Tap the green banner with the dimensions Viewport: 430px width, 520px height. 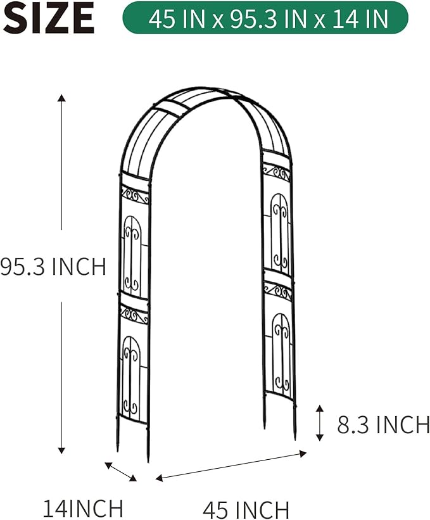click(x=265, y=18)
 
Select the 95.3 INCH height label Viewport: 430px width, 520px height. click(x=53, y=266)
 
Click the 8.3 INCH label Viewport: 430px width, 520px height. click(x=383, y=424)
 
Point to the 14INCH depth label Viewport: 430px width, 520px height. click(x=82, y=507)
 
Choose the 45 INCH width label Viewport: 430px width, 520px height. click(x=246, y=509)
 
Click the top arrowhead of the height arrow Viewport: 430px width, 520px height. click(x=61, y=98)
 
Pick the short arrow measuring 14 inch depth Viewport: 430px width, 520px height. click(x=120, y=471)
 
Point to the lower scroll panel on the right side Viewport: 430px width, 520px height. click(x=281, y=352)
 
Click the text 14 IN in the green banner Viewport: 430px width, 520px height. click(x=360, y=18)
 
